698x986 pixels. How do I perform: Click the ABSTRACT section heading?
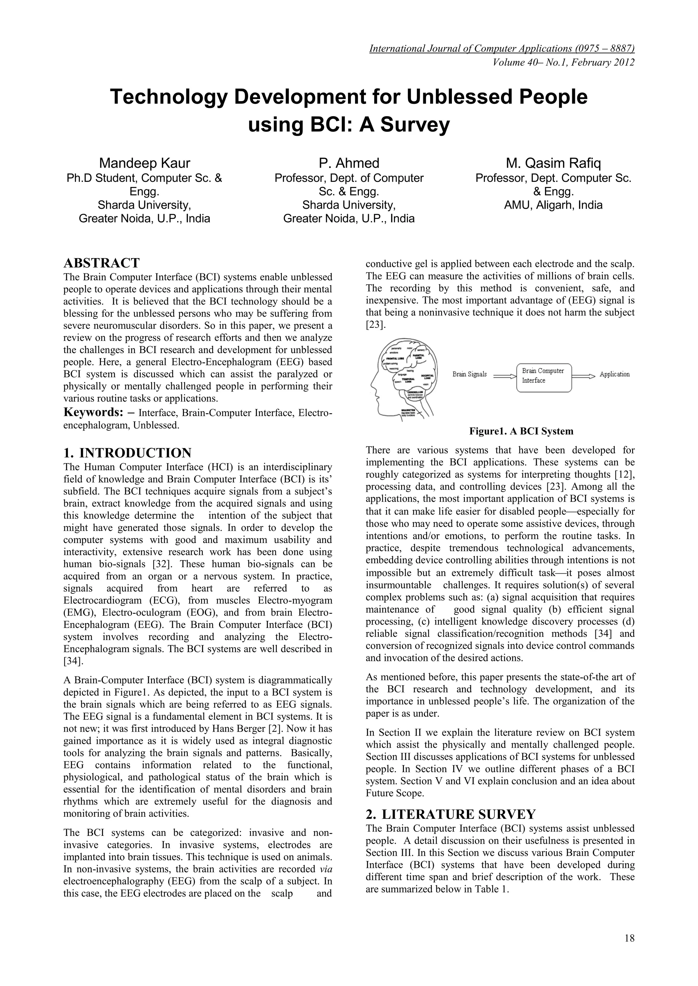(102, 263)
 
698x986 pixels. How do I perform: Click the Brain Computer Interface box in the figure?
(543, 376)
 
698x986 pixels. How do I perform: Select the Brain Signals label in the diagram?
(469, 375)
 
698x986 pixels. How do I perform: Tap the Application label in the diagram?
(614, 375)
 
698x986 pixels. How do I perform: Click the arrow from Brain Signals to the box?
(504, 376)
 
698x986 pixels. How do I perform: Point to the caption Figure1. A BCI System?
(521, 431)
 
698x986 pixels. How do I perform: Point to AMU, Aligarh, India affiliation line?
(553, 205)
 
